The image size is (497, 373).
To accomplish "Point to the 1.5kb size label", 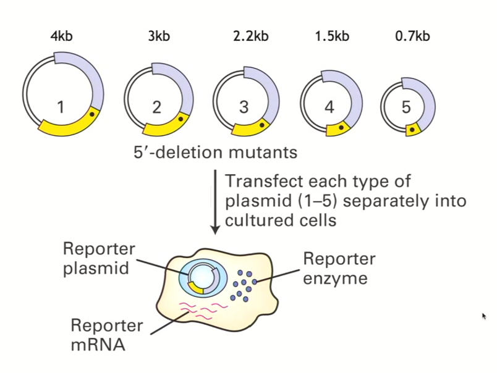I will point(331,36).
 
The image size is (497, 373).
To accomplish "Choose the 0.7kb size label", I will point(412,36).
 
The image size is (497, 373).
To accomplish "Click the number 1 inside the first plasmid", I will point(60,107).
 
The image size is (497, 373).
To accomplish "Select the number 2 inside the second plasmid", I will point(156,107).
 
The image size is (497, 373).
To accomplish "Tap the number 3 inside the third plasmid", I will point(244,107).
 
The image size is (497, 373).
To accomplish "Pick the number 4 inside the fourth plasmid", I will point(329,107).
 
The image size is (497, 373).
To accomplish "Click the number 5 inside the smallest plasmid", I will point(406,107).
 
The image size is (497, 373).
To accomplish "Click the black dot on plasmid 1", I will point(91,114).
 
